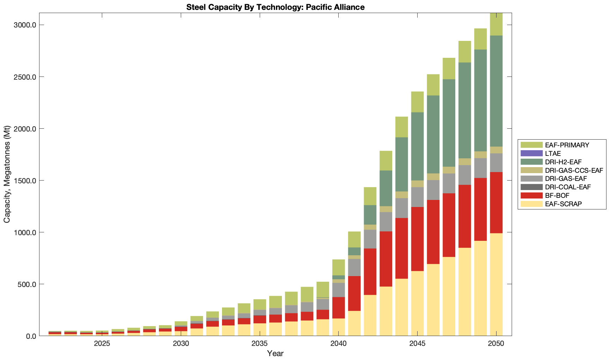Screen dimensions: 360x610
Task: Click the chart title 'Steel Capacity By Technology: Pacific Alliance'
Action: [275, 7]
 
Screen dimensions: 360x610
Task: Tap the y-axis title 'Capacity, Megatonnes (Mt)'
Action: [7, 174]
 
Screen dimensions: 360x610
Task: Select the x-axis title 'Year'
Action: [275, 353]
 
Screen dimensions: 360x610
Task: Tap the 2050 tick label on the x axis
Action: [496, 344]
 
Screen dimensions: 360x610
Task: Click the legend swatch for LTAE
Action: [531, 153]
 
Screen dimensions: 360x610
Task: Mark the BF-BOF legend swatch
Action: [531, 195]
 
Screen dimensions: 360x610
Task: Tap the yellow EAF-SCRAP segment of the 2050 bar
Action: [496, 284]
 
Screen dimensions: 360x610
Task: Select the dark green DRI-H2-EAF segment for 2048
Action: [465, 110]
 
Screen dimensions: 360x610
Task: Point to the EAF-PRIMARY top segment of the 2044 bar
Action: [402, 127]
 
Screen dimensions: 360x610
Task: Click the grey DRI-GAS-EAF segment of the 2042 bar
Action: [370, 239]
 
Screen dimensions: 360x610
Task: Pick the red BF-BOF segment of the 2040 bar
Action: [339, 307]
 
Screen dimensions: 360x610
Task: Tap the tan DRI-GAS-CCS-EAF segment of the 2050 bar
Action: [496, 150]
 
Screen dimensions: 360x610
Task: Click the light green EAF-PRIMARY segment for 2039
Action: [323, 289]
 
